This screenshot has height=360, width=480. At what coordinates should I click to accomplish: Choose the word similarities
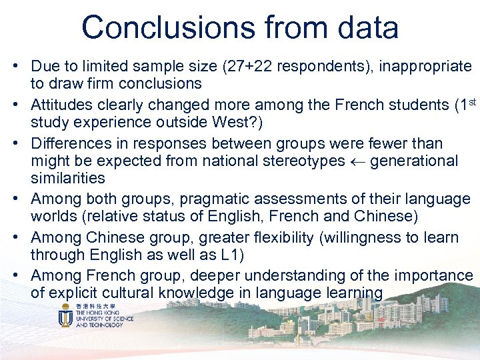pyautogui.click(x=68, y=178)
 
